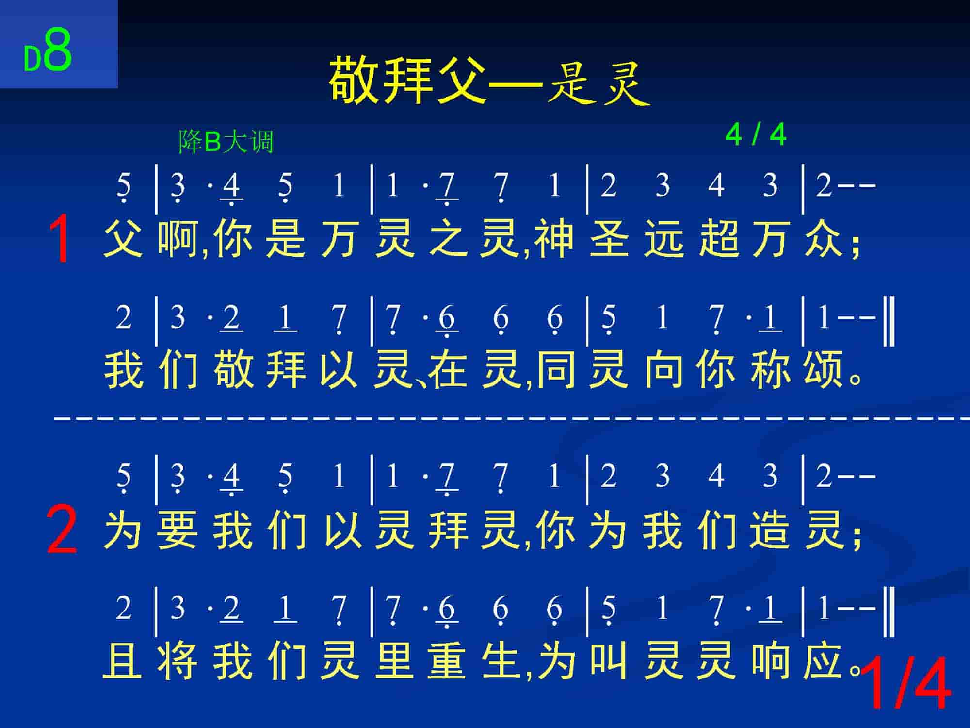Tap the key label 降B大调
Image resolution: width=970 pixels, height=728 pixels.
click(226, 142)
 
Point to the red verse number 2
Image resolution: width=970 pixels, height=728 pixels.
click(62, 529)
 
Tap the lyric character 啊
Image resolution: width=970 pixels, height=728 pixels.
click(178, 238)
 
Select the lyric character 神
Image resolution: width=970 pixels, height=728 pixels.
click(555, 238)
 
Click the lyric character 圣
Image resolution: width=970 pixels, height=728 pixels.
click(609, 238)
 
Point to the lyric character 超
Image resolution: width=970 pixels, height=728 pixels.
click(718, 238)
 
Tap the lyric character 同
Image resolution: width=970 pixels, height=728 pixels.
click(556, 370)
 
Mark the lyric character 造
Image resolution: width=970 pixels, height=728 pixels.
click(771, 530)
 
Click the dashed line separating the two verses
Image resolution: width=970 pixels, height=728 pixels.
click(512, 416)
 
